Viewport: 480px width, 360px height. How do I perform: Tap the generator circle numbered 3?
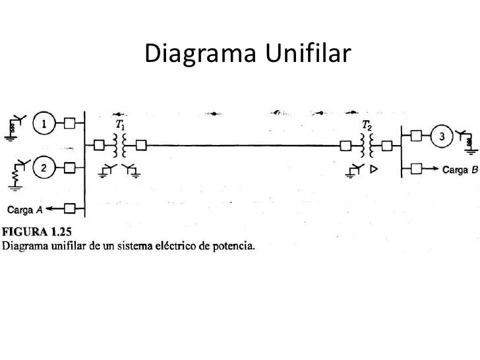click(x=443, y=137)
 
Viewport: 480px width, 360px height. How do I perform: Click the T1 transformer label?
click(x=121, y=123)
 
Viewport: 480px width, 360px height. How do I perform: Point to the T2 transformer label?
click(x=367, y=124)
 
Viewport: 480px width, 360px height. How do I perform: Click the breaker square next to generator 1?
click(x=69, y=123)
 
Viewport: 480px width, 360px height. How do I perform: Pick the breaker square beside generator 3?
click(x=415, y=137)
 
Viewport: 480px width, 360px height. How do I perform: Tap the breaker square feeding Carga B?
click(x=415, y=169)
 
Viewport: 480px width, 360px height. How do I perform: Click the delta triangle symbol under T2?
click(x=373, y=169)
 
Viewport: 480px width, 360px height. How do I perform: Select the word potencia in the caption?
click(x=232, y=247)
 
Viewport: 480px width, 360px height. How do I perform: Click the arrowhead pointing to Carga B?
click(x=436, y=169)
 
